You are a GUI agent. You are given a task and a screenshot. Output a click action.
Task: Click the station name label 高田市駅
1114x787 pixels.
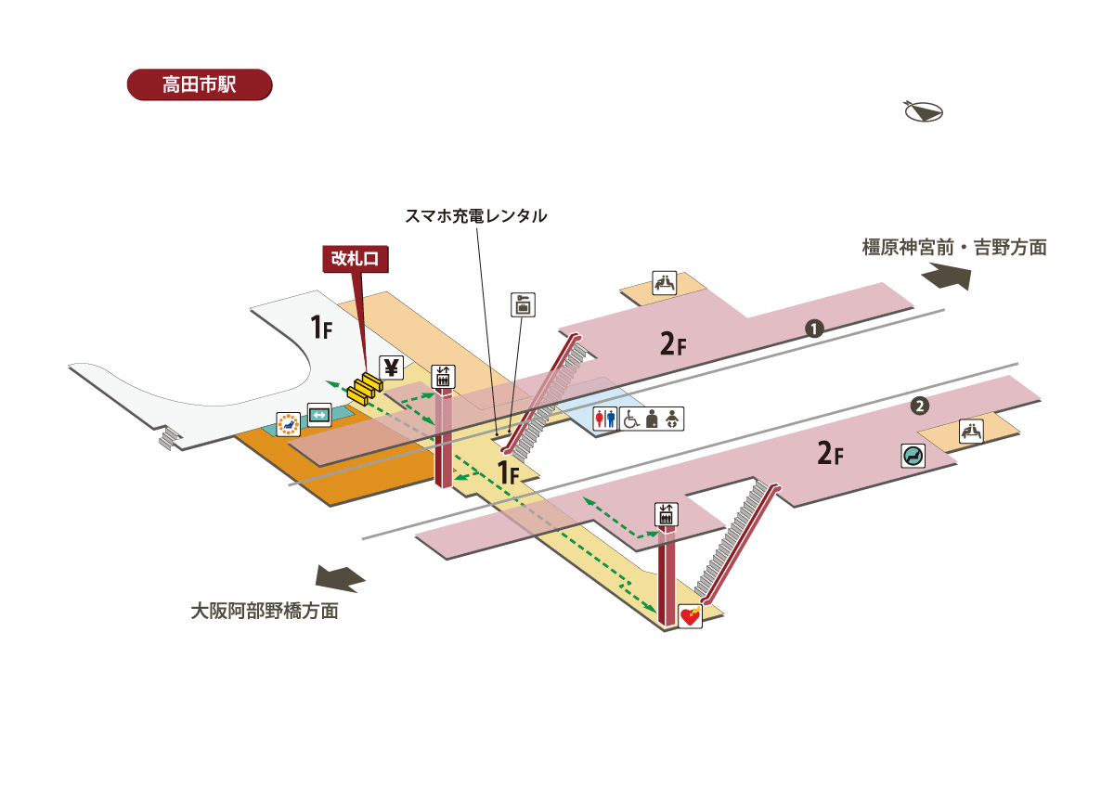199,84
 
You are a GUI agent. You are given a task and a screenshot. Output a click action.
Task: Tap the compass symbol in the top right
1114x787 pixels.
924,111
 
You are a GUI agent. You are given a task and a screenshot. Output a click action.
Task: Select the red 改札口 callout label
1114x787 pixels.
356,259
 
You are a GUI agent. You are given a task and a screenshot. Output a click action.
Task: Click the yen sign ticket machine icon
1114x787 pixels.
391,368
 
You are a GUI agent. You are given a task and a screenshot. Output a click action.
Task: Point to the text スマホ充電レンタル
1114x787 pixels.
475,216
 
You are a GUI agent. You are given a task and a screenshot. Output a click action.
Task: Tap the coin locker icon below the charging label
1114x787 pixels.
524,304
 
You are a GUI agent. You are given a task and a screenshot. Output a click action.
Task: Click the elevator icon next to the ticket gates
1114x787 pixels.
444,376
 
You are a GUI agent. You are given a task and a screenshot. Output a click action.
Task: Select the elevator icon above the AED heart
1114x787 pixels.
666,514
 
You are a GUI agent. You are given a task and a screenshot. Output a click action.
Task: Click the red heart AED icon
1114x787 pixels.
690,617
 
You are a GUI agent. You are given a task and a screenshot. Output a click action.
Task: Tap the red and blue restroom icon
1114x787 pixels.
605,419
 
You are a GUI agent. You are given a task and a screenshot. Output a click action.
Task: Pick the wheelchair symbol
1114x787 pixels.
630,419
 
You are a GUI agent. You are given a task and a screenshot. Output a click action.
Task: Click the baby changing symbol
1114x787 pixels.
675,419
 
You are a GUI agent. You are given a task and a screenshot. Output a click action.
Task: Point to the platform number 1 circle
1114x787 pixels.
814,328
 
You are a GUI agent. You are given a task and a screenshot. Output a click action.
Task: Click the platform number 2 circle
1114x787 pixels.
918,406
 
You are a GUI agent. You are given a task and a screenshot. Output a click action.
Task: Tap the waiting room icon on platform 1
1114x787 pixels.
664,282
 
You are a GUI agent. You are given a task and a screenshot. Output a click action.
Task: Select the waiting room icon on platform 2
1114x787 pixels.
971,431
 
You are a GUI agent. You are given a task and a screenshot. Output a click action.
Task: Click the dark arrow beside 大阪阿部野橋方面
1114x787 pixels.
340,578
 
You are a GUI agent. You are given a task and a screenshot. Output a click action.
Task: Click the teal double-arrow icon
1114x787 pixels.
319,414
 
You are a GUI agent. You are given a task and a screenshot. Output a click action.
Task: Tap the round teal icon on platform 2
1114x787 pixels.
913,456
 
